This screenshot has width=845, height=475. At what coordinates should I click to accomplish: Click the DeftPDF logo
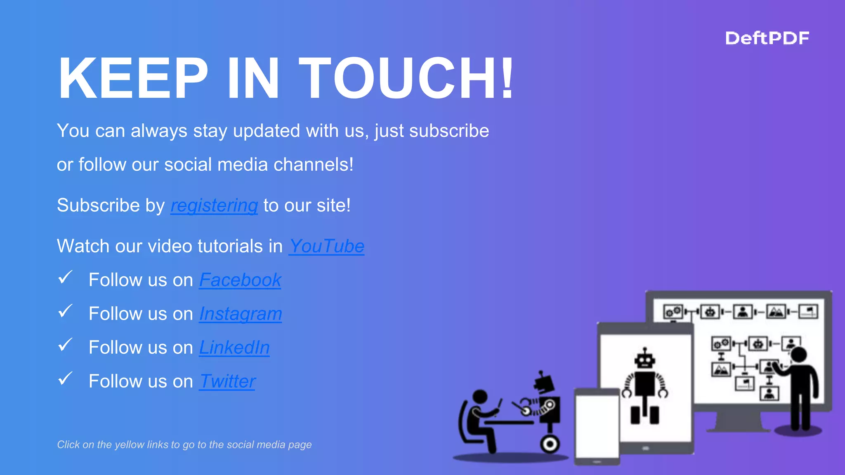pyautogui.click(x=767, y=38)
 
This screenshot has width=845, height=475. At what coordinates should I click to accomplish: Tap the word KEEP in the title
pyautogui.click(x=133, y=78)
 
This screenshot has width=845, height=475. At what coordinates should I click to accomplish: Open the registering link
pyautogui.click(x=214, y=205)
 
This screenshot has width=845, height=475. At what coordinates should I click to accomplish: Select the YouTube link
pyautogui.click(x=326, y=246)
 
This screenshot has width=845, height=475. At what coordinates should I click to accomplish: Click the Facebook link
pyautogui.click(x=240, y=280)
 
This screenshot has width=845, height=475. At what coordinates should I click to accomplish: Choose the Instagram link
pyautogui.click(x=241, y=314)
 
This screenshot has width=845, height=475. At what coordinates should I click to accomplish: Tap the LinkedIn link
pyautogui.click(x=234, y=348)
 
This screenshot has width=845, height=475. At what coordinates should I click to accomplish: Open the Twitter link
pyautogui.click(x=227, y=381)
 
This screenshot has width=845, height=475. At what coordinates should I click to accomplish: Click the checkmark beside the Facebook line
pyautogui.click(x=65, y=277)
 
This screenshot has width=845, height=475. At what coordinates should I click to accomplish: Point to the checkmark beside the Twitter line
pyautogui.click(x=65, y=379)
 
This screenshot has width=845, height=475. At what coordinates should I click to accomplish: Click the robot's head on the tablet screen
pyautogui.click(x=644, y=360)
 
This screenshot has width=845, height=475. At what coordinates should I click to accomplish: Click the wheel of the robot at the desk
pyautogui.click(x=550, y=444)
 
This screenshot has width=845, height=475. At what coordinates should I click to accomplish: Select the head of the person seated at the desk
pyautogui.click(x=480, y=397)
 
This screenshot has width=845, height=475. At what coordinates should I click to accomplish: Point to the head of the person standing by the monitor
pyautogui.click(x=799, y=355)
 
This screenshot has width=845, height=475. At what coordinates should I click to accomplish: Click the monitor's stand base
pyautogui.click(x=739, y=429)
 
